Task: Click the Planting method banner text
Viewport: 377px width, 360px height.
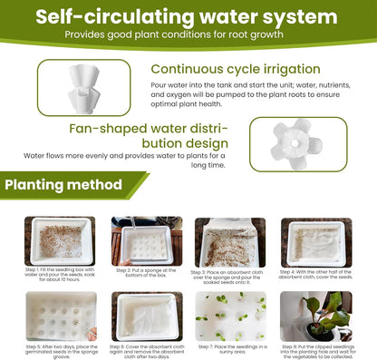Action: (63, 186)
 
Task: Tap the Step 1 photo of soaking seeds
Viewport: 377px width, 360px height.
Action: (60, 241)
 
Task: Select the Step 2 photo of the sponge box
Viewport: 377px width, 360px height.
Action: (146, 241)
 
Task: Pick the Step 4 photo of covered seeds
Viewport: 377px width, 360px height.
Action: (315, 241)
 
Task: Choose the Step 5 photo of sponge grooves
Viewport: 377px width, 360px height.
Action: (60, 316)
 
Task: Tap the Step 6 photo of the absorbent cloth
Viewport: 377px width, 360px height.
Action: (146, 316)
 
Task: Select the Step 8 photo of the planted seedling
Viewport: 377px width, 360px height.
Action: (315, 316)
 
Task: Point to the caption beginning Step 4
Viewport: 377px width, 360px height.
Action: (315, 275)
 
